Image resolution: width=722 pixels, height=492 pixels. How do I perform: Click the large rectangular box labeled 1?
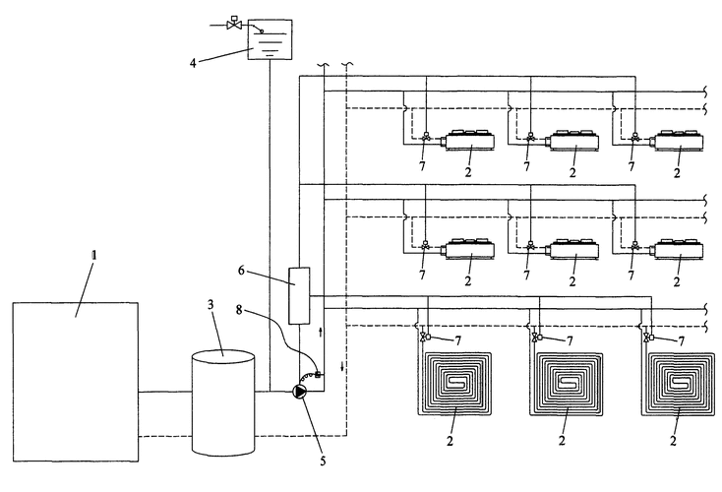tap(75, 382)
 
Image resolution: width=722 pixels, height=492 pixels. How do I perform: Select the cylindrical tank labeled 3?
tap(223, 403)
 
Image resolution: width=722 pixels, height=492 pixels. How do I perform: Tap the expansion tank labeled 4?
tap(271, 39)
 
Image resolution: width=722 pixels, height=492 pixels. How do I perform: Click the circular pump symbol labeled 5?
tap(300, 393)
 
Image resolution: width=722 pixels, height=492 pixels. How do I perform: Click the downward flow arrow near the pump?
tap(342, 367)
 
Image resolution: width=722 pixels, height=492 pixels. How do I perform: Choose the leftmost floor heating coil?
tap(454, 381)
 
